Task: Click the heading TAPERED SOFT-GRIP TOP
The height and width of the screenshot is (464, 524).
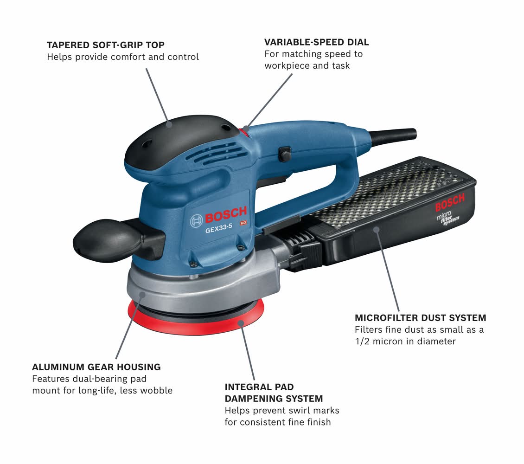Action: [x=106, y=45]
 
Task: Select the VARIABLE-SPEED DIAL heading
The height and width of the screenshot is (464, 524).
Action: [x=316, y=42]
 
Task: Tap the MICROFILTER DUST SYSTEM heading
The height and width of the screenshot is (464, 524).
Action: [x=421, y=317]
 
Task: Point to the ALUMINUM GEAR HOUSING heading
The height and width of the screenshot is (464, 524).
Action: [x=96, y=367]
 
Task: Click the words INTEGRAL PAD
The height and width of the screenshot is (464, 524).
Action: [x=259, y=387]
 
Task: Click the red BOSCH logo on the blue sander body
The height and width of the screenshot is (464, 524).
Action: [x=225, y=214]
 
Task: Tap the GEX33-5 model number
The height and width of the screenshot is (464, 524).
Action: [x=218, y=229]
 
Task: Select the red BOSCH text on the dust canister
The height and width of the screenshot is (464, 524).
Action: [x=450, y=203]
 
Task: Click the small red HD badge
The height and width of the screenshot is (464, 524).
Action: [x=243, y=223]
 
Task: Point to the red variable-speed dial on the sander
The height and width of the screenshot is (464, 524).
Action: [x=245, y=132]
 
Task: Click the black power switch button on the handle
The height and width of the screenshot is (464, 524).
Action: [x=284, y=154]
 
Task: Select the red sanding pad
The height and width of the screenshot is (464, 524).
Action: [x=196, y=319]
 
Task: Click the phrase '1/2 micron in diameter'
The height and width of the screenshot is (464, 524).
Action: [x=405, y=342]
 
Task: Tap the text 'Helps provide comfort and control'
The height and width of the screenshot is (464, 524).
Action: [x=122, y=57]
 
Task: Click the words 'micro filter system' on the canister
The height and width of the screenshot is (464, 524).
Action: [x=448, y=218]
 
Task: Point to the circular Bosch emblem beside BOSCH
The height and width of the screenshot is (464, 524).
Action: [x=196, y=221]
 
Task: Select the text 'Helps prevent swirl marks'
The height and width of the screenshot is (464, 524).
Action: [x=282, y=410]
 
